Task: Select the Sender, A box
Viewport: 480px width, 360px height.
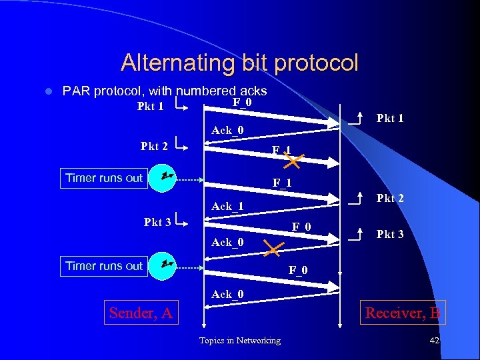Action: (141, 312)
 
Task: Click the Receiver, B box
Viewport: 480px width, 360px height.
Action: (403, 312)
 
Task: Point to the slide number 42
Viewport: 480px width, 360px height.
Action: (435, 341)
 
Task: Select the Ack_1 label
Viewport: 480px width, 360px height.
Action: (227, 207)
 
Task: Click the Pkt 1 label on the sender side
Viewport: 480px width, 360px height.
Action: (150, 106)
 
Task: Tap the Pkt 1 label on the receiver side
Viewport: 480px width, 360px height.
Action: (390, 119)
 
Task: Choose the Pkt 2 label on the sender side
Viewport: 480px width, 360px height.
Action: (154, 147)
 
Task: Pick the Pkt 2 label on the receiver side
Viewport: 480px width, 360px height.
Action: (390, 199)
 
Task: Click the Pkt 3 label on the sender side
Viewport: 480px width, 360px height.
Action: (157, 222)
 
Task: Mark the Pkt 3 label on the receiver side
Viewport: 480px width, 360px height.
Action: (390, 235)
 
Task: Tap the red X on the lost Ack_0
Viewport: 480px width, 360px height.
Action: (273, 250)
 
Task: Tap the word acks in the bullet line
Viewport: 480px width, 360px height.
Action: (253, 91)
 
